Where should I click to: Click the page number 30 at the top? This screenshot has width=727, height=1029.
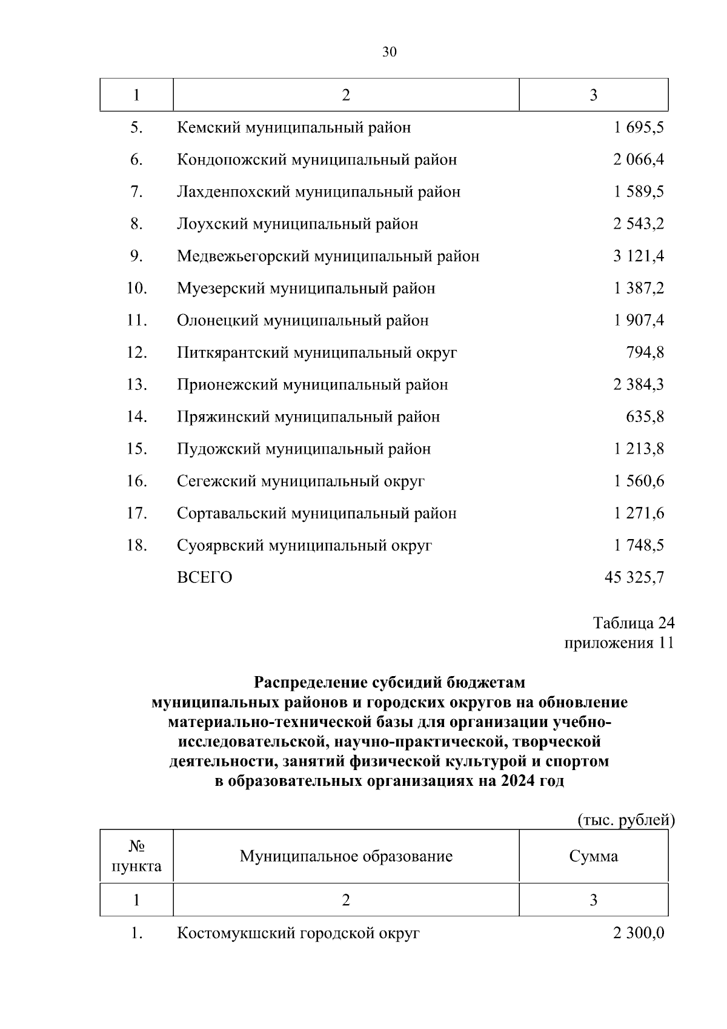(x=390, y=52)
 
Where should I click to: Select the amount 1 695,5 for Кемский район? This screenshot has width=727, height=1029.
(x=639, y=128)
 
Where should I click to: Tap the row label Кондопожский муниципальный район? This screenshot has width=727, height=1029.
(x=317, y=160)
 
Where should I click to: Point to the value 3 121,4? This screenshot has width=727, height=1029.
(x=639, y=256)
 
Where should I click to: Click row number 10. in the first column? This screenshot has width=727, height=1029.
(x=137, y=289)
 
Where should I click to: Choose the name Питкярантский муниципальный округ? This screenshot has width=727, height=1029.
(x=317, y=353)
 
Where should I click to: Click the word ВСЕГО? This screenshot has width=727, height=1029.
(x=205, y=578)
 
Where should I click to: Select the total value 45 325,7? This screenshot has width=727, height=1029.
(x=634, y=578)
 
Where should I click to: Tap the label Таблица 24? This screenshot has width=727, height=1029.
(x=634, y=623)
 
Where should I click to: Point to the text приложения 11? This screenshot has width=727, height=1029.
(x=619, y=643)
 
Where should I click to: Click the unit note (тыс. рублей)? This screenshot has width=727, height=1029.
(x=625, y=820)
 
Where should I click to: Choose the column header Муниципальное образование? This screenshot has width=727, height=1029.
(x=346, y=856)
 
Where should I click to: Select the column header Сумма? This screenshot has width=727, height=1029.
(x=594, y=856)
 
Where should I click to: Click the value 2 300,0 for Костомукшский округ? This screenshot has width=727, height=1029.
(x=639, y=933)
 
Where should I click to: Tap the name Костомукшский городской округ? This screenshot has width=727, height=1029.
(x=298, y=933)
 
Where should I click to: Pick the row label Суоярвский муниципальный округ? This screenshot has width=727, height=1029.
(x=304, y=546)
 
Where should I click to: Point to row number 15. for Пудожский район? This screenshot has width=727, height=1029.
(x=137, y=449)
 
